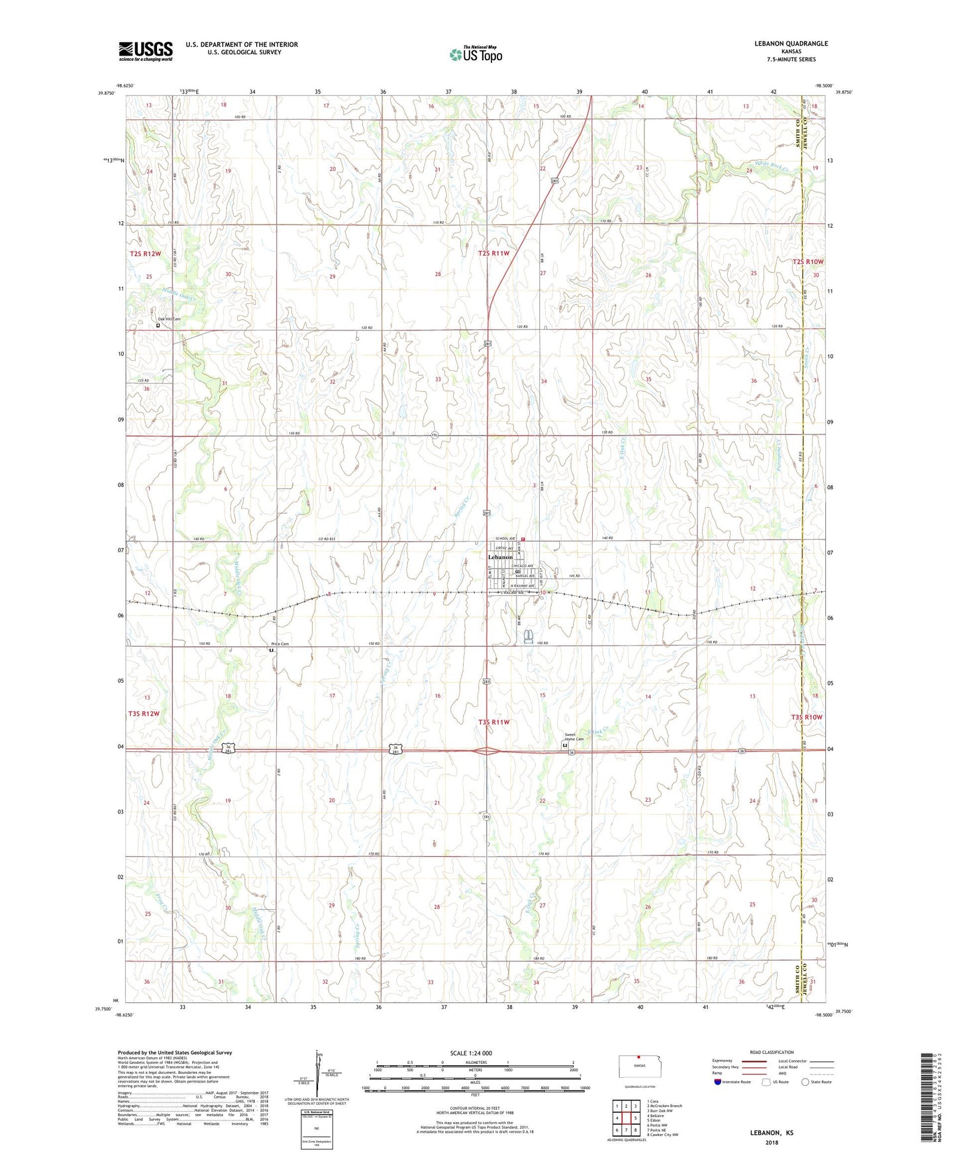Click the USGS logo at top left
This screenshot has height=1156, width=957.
pyautogui.click(x=145, y=51)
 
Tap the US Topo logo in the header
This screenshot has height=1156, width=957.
pyautogui.click(x=476, y=54)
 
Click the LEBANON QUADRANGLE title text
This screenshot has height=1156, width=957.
pyautogui.click(x=791, y=44)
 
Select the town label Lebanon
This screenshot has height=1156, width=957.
pyautogui.click(x=500, y=557)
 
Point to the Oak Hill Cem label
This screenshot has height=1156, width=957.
pyautogui.click(x=168, y=319)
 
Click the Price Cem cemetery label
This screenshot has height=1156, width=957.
pyautogui.click(x=279, y=644)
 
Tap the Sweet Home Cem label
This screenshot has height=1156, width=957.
pyautogui.click(x=574, y=737)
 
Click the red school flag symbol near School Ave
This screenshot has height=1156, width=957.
pyautogui.click(x=523, y=540)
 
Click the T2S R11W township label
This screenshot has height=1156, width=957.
pyautogui.click(x=493, y=254)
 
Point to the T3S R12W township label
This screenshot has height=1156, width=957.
pyautogui.click(x=144, y=714)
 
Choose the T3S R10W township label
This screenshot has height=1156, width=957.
pyautogui.click(x=806, y=717)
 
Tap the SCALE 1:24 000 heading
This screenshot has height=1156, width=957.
pyautogui.click(x=470, y=1053)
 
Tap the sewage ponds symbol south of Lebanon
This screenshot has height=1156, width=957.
pyautogui.click(x=529, y=636)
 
